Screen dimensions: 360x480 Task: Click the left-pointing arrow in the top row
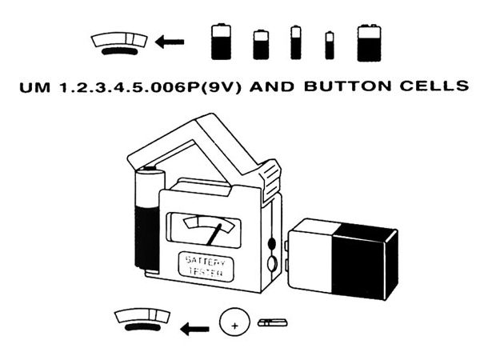(x=169, y=42)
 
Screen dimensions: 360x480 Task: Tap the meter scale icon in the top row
(x=120, y=42)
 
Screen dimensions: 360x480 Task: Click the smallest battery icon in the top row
(x=329, y=46)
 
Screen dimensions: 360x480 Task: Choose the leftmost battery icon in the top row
(x=221, y=42)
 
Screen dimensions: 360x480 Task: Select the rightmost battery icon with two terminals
(x=369, y=42)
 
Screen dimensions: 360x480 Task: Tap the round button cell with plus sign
(x=233, y=325)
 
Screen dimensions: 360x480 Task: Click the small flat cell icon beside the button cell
(x=273, y=323)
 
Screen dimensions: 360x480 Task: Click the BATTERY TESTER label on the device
(x=206, y=266)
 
